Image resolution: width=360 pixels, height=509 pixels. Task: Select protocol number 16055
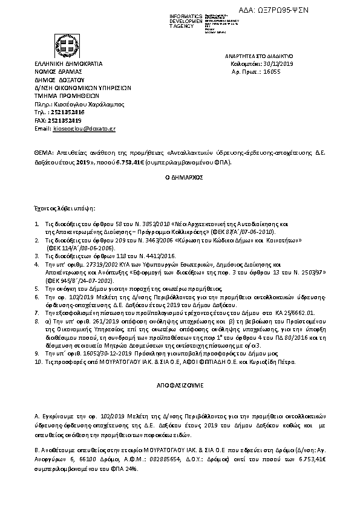pos(270,71)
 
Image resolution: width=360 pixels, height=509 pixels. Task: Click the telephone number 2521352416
pos(68,112)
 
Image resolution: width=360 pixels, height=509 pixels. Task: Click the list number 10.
pos(38,361)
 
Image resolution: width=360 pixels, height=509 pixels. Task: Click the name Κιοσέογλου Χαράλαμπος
pos(88,104)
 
